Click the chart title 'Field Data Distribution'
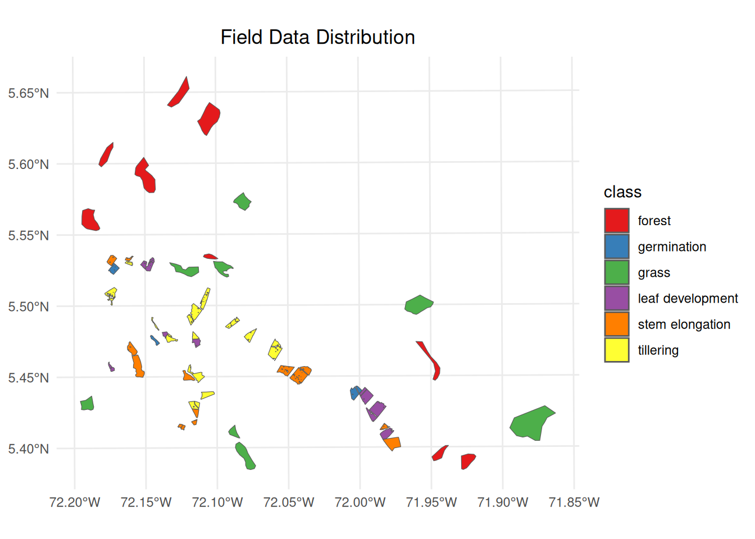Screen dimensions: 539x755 point(317,38)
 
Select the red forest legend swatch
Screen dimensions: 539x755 point(616,221)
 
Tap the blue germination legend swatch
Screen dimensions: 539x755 point(616,246)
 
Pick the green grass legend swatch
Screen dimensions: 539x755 point(616,272)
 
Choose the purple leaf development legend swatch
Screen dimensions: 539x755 point(616,298)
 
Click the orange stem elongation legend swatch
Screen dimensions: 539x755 point(616,324)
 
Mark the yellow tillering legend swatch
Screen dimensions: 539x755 point(616,350)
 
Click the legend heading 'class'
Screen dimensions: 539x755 point(622,192)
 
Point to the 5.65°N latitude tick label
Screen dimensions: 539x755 point(29,93)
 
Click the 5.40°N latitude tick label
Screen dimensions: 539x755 point(29,449)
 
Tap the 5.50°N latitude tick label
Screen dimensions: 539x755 point(29,307)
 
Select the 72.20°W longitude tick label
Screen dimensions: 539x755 point(75,502)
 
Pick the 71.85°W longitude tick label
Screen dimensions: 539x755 point(574,502)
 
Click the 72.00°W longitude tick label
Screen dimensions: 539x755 point(360,502)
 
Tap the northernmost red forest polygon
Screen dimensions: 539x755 point(180,94)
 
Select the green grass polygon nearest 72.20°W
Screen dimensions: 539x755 point(87,404)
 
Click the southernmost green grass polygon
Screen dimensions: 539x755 point(245,456)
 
